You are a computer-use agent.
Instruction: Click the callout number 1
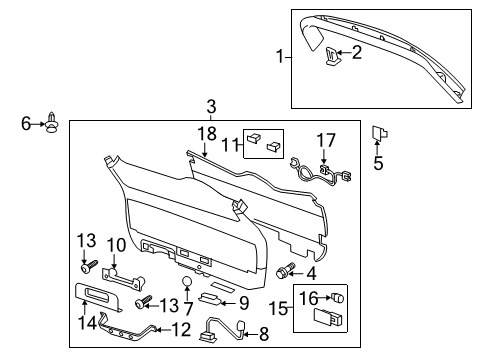[280, 57]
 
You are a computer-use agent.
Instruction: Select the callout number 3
[211, 107]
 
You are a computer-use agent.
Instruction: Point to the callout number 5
[378, 163]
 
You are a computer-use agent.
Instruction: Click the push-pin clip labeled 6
[50, 124]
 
